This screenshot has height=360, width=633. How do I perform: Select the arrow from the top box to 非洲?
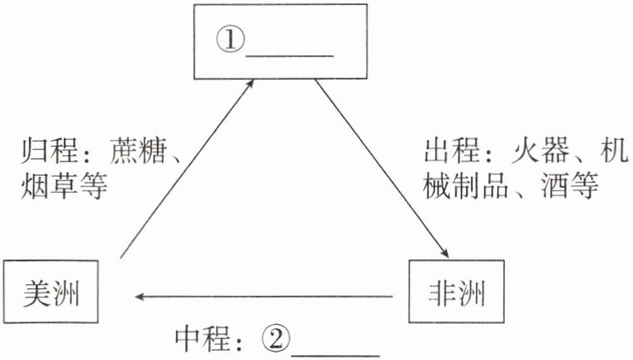coord(381,166)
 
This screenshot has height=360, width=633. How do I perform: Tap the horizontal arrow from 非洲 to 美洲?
coord(264,296)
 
